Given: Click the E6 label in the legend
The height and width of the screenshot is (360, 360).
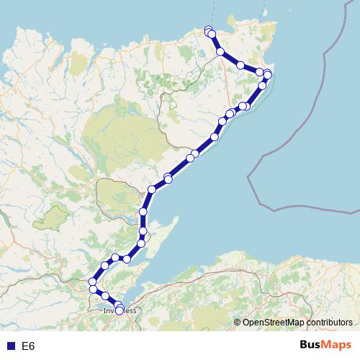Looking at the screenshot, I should (28, 346).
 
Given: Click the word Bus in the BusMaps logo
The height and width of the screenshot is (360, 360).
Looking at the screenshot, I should (312, 346).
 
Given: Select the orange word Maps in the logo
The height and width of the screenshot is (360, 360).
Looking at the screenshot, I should (338, 346).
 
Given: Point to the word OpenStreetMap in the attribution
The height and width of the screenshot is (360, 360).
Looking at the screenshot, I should (274, 323).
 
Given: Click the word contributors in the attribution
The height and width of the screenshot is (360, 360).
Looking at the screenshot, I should (330, 323).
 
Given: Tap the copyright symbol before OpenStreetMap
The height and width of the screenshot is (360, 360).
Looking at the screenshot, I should (238, 323).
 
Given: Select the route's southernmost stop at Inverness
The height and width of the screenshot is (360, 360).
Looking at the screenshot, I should (120, 310).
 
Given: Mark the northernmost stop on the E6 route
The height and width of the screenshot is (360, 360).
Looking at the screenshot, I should (208, 30).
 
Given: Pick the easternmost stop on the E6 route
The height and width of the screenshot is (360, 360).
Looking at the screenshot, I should (268, 74).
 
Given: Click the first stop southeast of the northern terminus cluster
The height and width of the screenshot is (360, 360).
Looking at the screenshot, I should (220, 52).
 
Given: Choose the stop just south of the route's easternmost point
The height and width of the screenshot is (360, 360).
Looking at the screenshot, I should (262, 85).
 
